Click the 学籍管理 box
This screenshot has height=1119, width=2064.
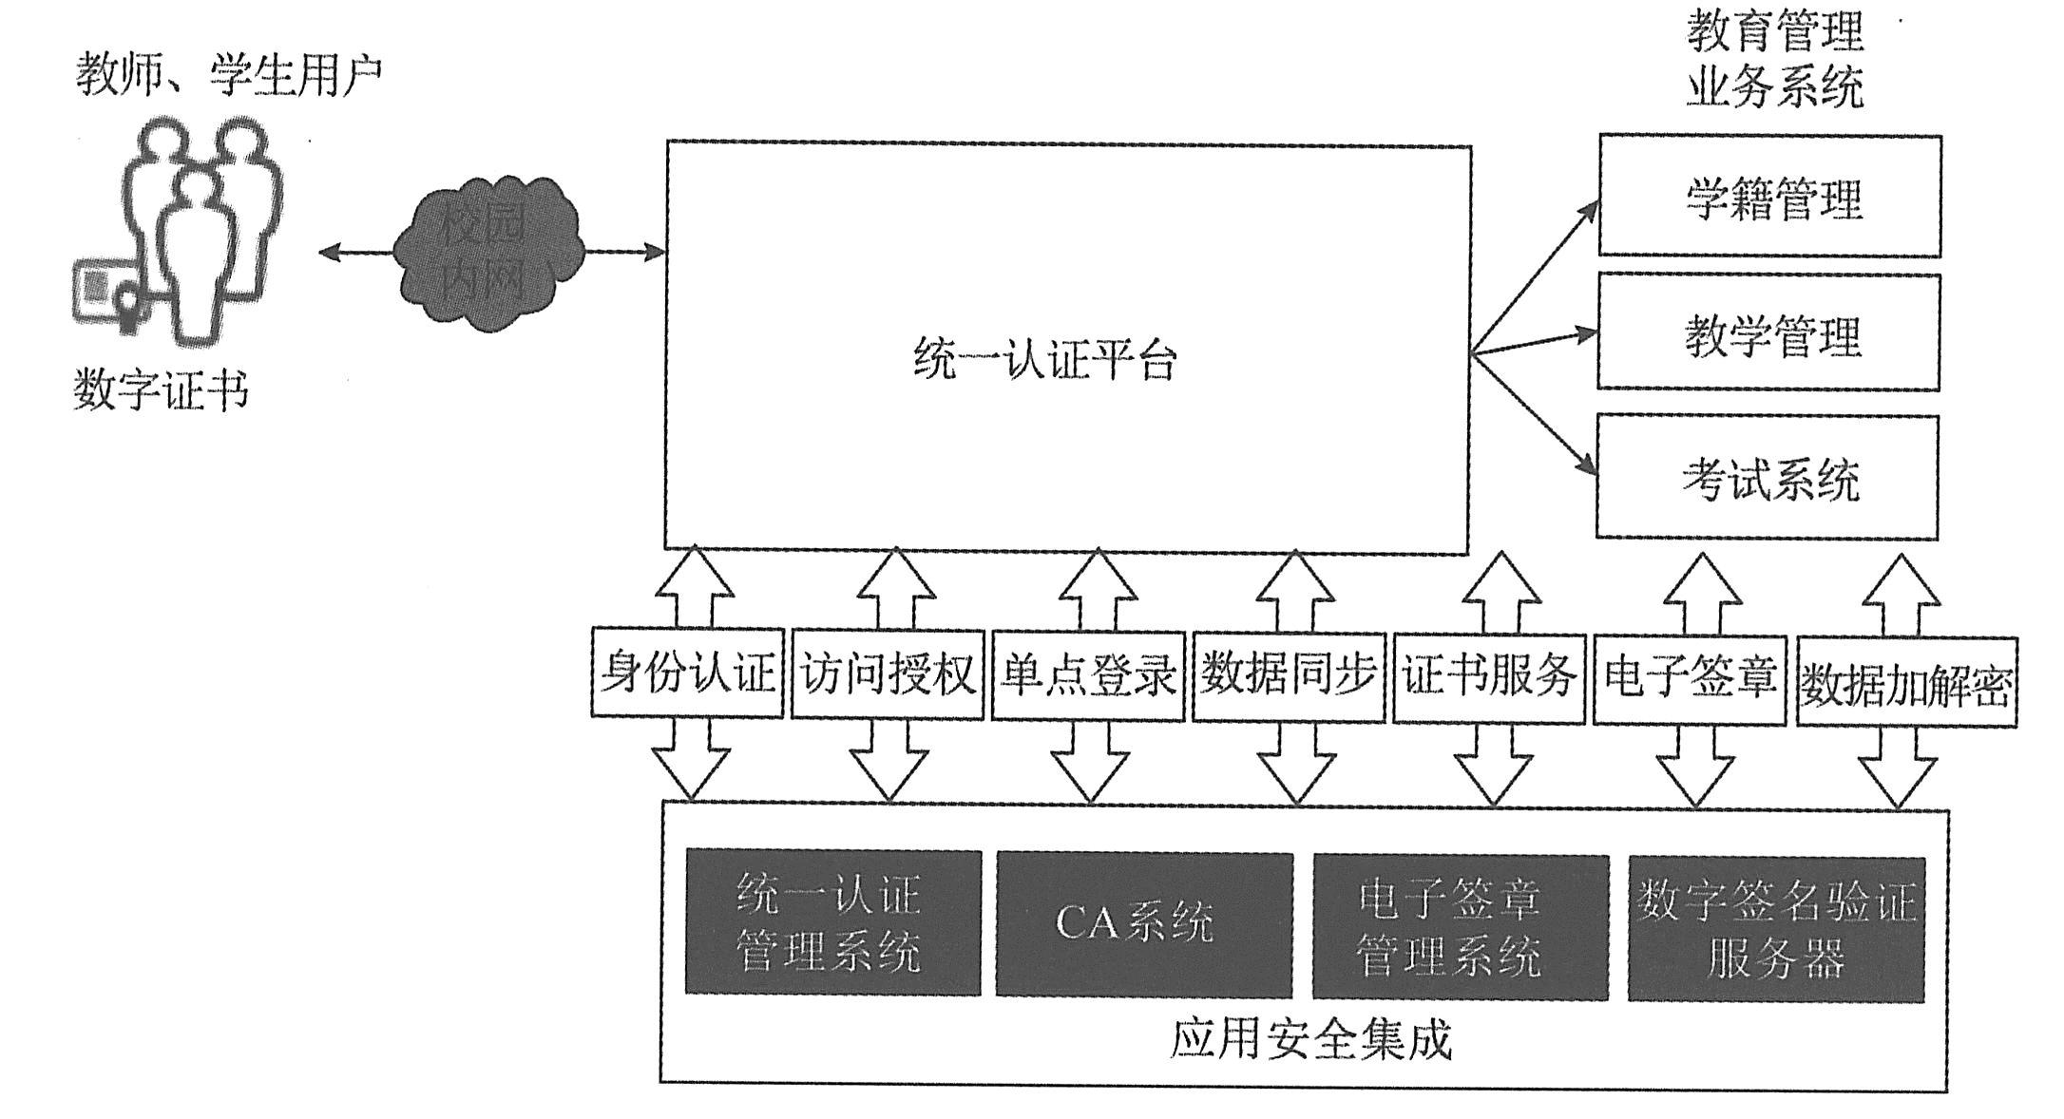[1769, 197]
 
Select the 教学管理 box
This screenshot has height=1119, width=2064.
[1768, 332]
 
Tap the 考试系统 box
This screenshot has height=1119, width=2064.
[1767, 477]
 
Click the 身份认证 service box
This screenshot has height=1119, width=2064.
[687, 673]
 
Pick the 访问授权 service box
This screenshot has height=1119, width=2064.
[888, 674]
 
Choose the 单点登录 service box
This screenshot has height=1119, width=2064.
[1088, 675]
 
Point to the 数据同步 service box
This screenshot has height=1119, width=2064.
[1289, 675]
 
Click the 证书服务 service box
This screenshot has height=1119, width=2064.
[1489, 676]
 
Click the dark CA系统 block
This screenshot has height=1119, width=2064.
[1144, 923]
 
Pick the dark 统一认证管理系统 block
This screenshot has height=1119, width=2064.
[832, 921]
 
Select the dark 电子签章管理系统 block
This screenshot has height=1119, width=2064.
[1461, 926]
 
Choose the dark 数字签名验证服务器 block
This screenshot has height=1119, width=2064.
[1776, 929]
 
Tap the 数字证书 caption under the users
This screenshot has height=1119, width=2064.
[161, 390]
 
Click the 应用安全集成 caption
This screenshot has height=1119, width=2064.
[1310, 1040]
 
